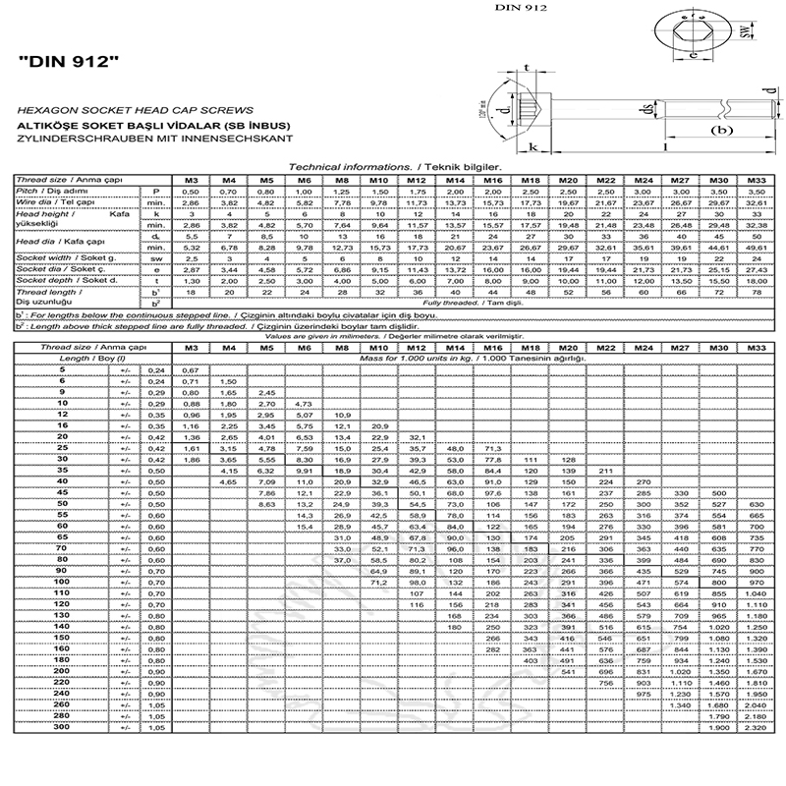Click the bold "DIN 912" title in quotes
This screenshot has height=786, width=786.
[69, 61]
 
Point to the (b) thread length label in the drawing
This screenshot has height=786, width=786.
[722, 131]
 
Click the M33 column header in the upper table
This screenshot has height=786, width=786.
[756, 180]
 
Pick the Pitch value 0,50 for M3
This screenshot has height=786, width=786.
[192, 190]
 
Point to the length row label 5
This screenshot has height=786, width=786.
[70, 367]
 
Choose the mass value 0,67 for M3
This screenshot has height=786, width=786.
[192, 367]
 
